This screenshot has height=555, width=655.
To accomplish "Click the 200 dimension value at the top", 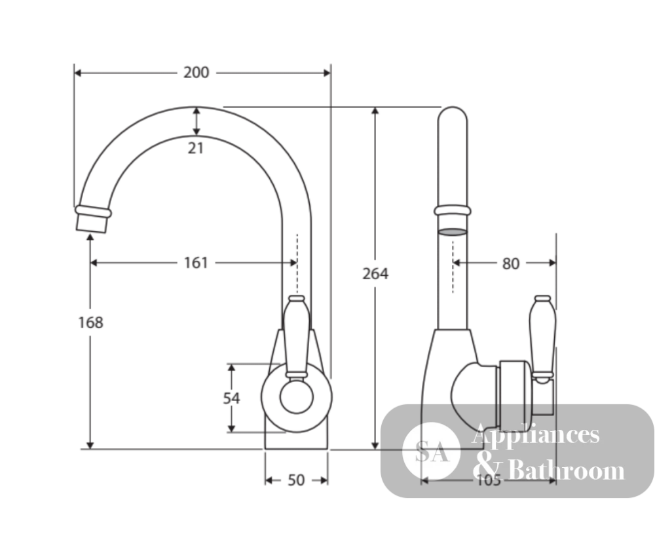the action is pyautogui.click(x=196, y=73).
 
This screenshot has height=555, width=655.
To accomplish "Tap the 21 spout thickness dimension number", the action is pyautogui.click(x=195, y=148).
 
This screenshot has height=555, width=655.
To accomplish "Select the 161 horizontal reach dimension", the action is pyautogui.click(x=196, y=263).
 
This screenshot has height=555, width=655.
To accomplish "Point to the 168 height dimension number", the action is pyautogui.click(x=90, y=322).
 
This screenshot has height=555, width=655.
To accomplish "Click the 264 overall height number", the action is pyautogui.click(x=375, y=274).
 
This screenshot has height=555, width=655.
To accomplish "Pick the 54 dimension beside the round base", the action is pyautogui.click(x=231, y=398).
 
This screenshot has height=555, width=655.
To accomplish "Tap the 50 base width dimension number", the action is pyautogui.click(x=296, y=480).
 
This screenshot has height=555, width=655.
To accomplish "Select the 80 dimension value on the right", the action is pyautogui.click(x=510, y=263).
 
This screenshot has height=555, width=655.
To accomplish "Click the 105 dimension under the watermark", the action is pyautogui.click(x=489, y=480).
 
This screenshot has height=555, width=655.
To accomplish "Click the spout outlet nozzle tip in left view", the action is pyautogui.click(x=92, y=223).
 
